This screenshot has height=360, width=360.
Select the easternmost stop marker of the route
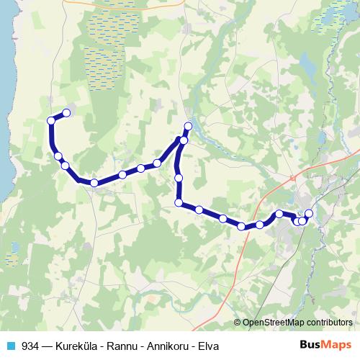pos(309,213)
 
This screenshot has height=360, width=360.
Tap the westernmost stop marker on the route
pos(50,120)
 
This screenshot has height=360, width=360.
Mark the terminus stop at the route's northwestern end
pos(66,112)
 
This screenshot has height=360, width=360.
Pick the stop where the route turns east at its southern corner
pos(179,203)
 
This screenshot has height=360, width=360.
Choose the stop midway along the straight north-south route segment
pos(179,177)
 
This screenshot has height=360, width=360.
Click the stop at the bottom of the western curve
pos(94,183)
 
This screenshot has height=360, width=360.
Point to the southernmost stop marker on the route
pos(242,227)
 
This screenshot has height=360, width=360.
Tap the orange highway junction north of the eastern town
pos(292,176)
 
